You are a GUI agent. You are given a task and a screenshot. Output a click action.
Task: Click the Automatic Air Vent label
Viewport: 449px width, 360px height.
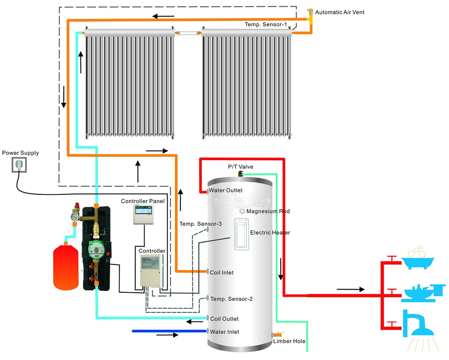pos(339,12)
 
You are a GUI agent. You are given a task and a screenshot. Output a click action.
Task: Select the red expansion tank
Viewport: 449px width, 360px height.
pos(66,268)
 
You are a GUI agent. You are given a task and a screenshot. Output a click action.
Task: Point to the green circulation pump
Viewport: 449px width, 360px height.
pos(96,249)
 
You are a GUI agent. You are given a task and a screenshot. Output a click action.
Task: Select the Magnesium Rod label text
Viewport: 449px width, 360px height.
pos(268,211)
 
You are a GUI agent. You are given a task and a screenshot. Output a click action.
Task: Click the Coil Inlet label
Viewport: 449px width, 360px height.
pos(222,272)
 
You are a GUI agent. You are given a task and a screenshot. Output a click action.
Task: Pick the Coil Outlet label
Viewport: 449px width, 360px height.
pos(224,319)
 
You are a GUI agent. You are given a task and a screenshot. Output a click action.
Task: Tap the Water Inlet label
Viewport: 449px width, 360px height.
pos(224,332)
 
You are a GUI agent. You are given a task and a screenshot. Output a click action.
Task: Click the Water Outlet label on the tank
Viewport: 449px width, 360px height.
pos(226,190)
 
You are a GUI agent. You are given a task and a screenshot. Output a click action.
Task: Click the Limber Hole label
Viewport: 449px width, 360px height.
pos(289,342)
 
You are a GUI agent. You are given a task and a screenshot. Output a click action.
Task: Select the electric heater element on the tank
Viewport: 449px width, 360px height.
pos(242,233)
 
